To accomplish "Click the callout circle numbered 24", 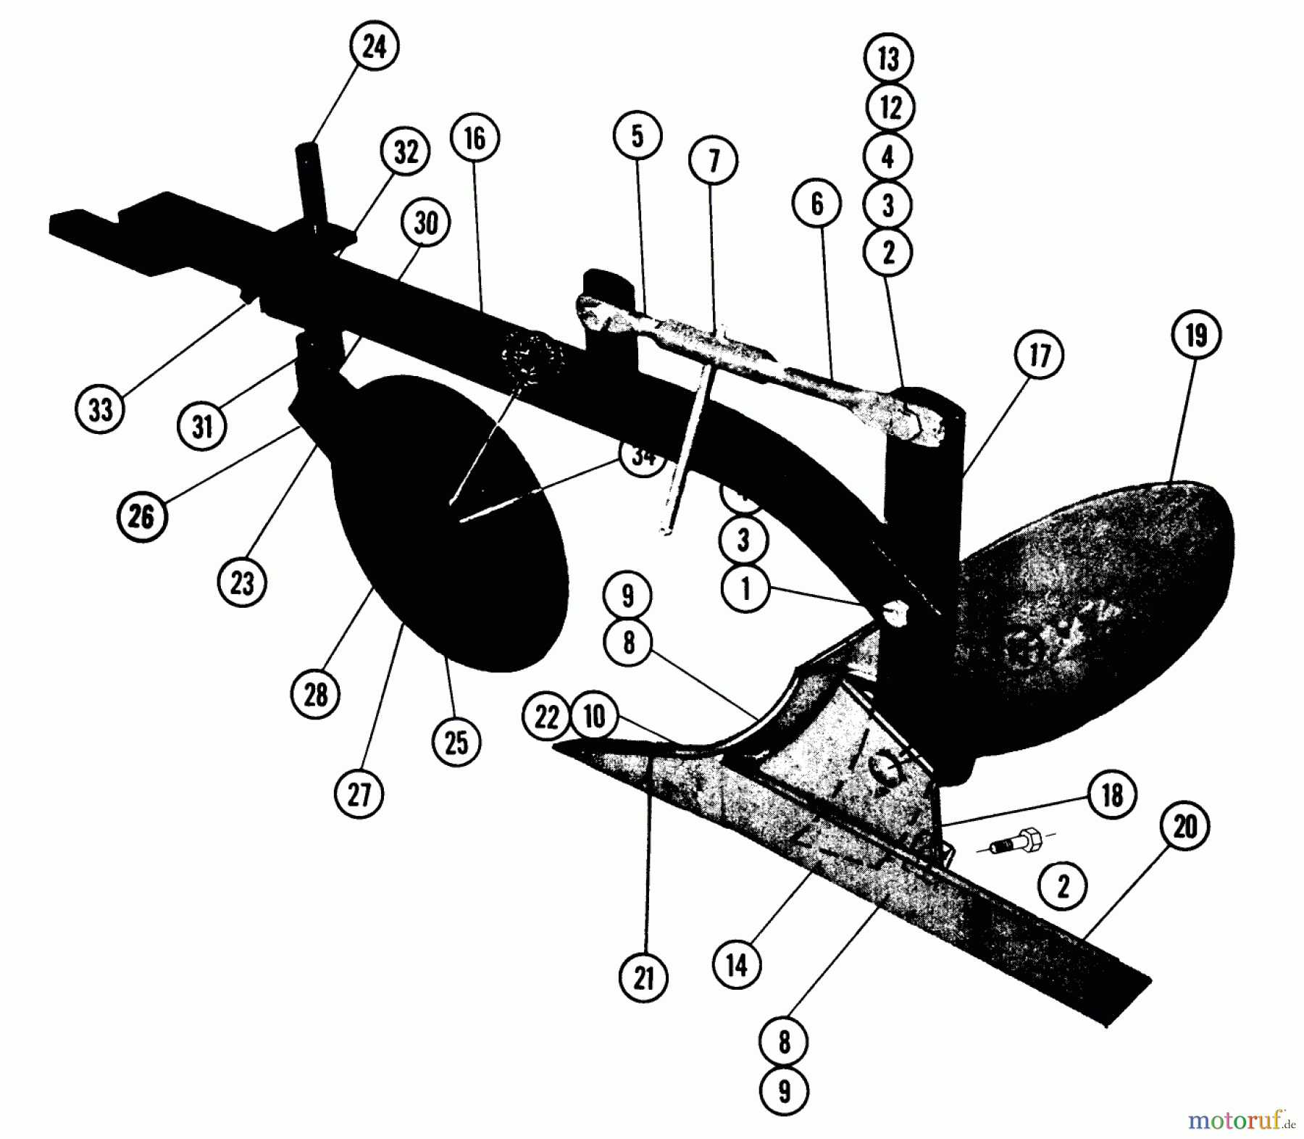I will [x=374, y=48].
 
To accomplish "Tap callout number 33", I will [x=100, y=409].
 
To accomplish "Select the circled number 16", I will [x=475, y=138].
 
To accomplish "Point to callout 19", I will [x=1195, y=336].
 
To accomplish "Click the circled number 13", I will [x=889, y=59].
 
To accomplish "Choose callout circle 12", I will [x=890, y=107].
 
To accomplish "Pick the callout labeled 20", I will [x=1184, y=827].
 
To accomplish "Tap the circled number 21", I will [x=643, y=979].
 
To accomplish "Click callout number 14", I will [x=737, y=964].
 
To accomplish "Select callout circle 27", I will [x=359, y=794].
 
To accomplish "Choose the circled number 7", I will [x=713, y=160].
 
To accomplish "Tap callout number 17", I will [x=1040, y=356].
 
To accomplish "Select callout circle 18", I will [x=1112, y=796].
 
